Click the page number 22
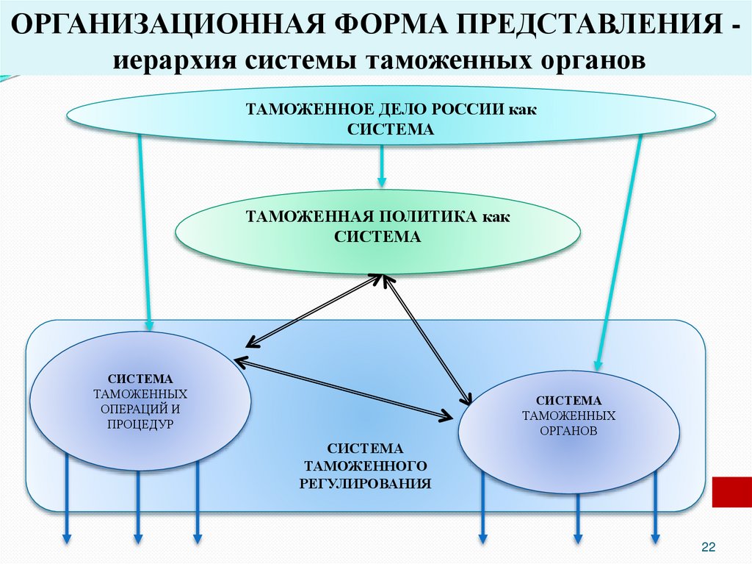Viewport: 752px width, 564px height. point(708,547)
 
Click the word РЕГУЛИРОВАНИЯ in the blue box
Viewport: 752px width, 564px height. point(365,483)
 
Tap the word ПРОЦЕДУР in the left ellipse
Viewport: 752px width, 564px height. point(140,424)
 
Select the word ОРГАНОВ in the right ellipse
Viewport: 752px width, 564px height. point(569,431)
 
